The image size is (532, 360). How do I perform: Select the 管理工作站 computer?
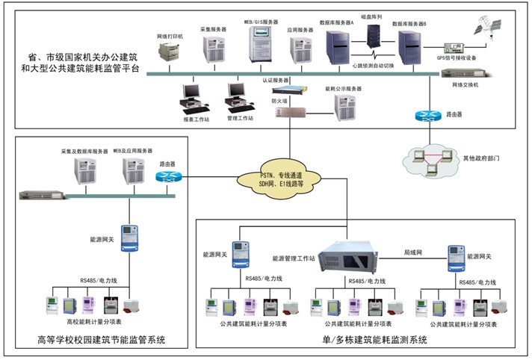pos(238,95)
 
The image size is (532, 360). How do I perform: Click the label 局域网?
pos(414,253)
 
